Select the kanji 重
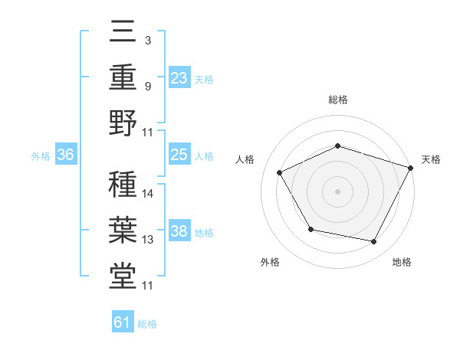123,77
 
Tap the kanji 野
123,123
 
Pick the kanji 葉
123,230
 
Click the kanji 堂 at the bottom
123,276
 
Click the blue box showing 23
179,78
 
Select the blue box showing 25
179,155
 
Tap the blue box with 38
179,232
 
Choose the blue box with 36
66,155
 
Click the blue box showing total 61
123,323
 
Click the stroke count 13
148,240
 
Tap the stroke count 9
148,87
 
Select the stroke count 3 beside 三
147,40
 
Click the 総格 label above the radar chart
337,100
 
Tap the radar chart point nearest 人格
279,172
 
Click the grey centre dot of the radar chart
337,191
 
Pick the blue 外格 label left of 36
41,156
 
